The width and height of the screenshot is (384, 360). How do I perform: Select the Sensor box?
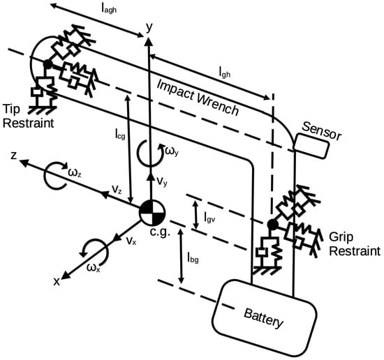coord(311,146)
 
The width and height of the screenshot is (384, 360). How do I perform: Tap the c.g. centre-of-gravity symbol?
coord(152,213)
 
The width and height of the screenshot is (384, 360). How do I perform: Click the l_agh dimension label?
coord(109,9)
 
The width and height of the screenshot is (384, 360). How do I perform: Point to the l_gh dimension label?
coord(225,72)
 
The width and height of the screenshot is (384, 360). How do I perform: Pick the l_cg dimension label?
coord(120,134)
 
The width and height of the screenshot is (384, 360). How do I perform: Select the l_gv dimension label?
coord(209,217)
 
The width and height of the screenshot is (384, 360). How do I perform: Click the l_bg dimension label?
coord(193,257)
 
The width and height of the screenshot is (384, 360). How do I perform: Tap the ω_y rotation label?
coord(172,151)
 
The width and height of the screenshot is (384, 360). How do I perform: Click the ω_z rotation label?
coord(75,173)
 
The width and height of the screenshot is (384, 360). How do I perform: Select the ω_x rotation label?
coord(94,268)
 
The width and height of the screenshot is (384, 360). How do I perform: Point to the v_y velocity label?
coord(162,181)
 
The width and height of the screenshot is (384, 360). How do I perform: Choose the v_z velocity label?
coord(117,189)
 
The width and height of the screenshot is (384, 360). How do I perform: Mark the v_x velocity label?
coord(131,241)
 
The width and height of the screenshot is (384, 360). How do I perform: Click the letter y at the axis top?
coord(149,28)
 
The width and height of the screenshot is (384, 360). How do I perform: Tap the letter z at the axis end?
coord(14,156)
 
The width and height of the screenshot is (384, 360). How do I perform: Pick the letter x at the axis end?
coord(57,282)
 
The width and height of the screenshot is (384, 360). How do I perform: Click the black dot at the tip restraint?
coord(47,64)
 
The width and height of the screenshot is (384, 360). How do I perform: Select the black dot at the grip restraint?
coord(272,224)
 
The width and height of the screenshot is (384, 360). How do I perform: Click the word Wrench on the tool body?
coord(217,104)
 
